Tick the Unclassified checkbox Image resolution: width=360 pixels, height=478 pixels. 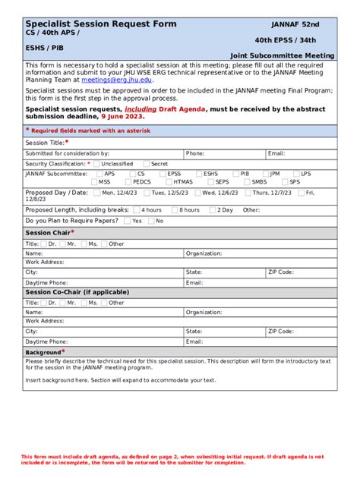(x=97, y=164)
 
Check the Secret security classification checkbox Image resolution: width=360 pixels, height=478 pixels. (x=146, y=164)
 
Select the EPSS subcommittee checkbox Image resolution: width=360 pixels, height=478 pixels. (x=163, y=174)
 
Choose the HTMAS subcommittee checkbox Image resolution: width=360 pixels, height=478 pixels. (x=169, y=182)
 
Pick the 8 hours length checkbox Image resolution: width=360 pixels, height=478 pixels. (x=175, y=210)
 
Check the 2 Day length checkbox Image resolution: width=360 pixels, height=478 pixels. (x=213, y=210)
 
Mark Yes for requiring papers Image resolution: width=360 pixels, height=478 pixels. (x=127, y=221)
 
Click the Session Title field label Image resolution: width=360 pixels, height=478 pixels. (x=46, y=143)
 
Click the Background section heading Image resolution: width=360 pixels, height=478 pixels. (x=43, y=352)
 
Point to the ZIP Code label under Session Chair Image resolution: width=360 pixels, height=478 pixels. (x=281, y=272)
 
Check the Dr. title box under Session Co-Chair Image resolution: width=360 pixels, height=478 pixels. (x=43, y=303)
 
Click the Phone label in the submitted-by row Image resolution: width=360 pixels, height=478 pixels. (x=194, y=153)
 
